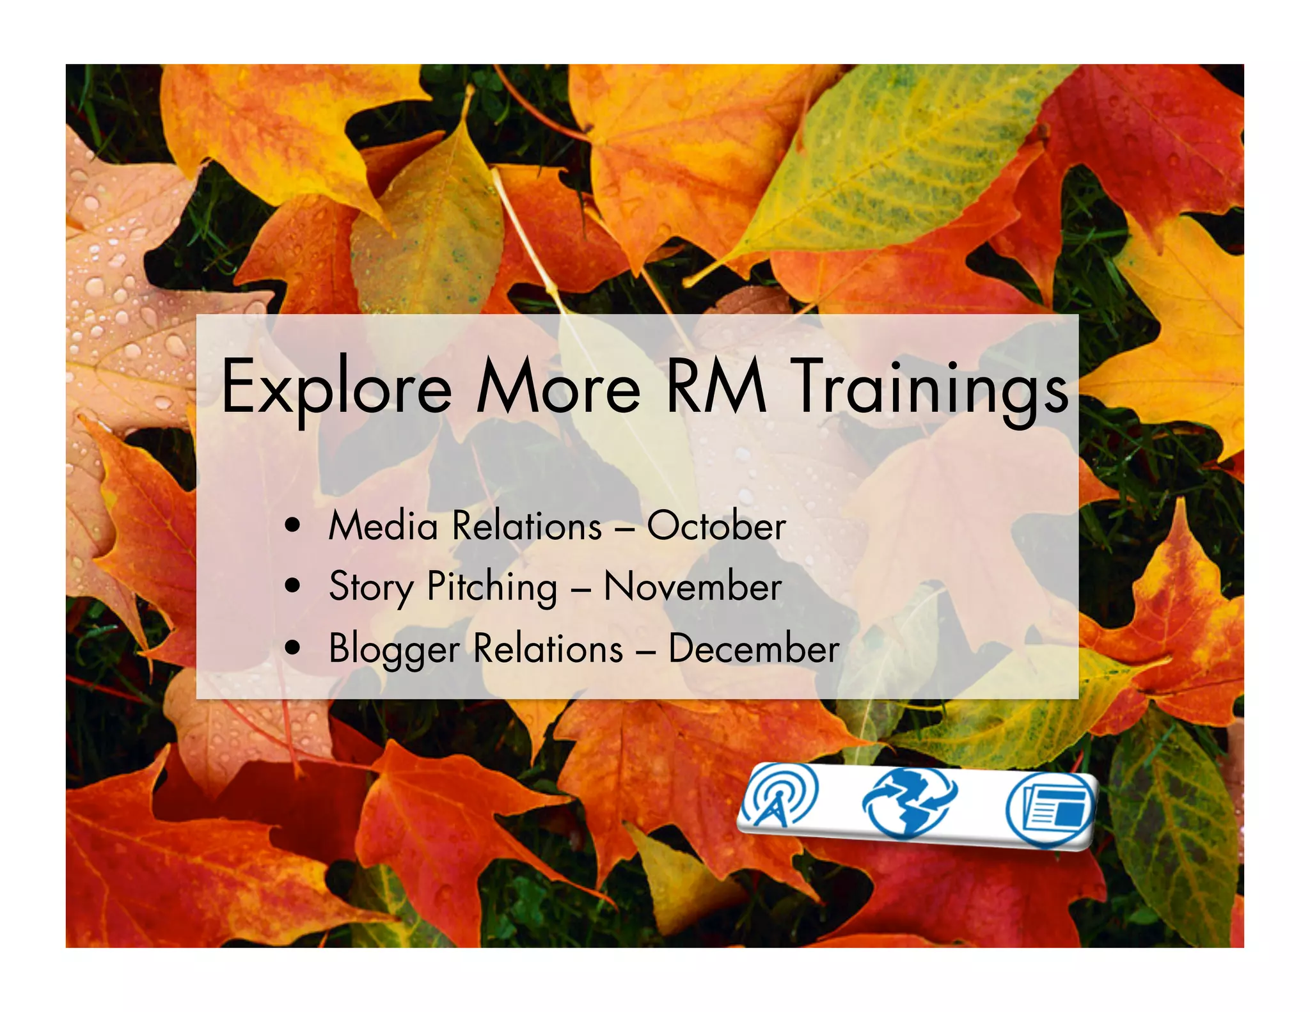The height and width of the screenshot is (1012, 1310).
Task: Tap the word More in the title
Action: [x=558, y=386]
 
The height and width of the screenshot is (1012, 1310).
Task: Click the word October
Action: [x=716, y=526]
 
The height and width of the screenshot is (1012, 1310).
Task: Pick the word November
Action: [x=693, y=587]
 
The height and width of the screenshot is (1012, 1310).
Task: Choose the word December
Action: [x=754, y=649]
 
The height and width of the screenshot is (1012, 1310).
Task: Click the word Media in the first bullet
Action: [x=383, y=526]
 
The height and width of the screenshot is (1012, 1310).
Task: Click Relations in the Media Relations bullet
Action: [x=527, y=526]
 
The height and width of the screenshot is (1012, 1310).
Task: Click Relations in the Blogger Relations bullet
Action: [x=548, y=649]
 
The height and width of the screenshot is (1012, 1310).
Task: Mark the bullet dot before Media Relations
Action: [x=294, y=526]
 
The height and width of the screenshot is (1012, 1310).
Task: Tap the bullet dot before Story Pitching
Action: [x=294, y=587]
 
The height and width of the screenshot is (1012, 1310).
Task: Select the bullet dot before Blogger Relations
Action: [x=294, y=648]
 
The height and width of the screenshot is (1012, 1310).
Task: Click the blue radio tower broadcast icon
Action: [x=779, y=796]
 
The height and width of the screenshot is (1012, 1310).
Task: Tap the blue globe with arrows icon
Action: [x=908, y=802]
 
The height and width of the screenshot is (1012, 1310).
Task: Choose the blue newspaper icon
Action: [x=1050, y=810]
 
